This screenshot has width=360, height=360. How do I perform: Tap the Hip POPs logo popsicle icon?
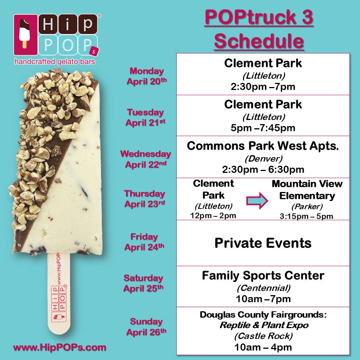pos(25,34)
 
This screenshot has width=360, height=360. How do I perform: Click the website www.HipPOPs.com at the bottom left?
pos(60,347)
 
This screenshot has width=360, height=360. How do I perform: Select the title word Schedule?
pos(259,41)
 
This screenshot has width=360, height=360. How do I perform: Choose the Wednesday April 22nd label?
pos(145,159)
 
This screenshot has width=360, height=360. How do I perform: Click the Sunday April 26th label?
pos(146,327)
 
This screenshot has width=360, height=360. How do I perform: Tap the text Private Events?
pos(263,243)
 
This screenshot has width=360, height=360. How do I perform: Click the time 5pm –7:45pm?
pos(263,128)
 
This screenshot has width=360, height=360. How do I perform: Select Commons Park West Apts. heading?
pos(263,146)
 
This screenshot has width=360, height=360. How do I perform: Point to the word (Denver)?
pos(264,158)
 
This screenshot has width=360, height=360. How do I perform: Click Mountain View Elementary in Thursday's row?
pos(307,190)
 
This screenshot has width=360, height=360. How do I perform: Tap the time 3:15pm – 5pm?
pos(306,216)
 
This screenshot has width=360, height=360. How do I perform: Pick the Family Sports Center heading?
pos(263,276)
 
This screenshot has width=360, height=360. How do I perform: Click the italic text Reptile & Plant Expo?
pos(264,325)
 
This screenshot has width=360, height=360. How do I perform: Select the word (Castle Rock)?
pos(264,336)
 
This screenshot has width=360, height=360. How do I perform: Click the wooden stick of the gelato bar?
pos(58,293)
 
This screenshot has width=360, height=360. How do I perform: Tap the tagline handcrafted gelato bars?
pos(55,61)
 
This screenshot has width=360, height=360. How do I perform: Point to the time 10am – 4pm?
pos(263,347)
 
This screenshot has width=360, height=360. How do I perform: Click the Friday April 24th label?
pos(144,242)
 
